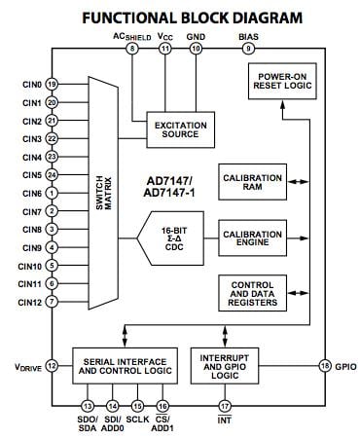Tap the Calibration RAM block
(x=252, y=182)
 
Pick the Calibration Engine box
(x=252, y=238)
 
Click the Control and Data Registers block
(x=252, y=293)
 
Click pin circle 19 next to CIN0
(x=51, y=85)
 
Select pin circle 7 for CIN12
(x=51, y=302)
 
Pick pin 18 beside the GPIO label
(x=325, y=365)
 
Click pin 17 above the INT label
(x=225, y=405)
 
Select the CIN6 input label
(x=28, y=193)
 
